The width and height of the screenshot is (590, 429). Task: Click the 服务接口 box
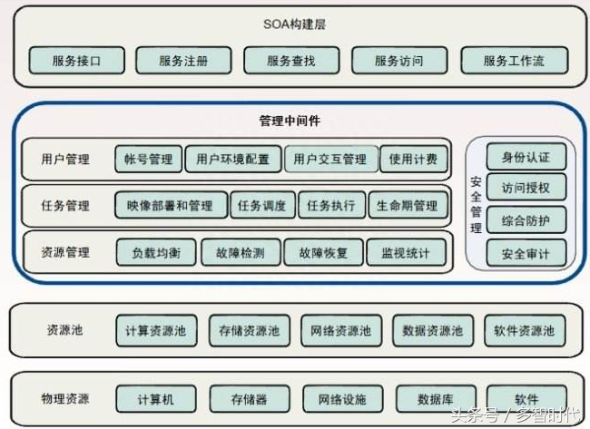77,60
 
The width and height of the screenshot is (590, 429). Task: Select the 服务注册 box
183,60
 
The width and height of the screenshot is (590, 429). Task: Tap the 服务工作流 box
515,60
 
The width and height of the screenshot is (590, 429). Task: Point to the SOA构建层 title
294,24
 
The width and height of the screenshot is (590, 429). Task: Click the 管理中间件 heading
290,121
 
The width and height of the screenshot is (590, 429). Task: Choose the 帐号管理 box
149,159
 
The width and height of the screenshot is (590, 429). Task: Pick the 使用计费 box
414,159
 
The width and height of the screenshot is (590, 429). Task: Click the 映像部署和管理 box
172,205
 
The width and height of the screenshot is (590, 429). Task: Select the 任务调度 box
262,205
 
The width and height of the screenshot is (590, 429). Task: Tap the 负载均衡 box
156,252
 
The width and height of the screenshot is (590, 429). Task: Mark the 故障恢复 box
324,252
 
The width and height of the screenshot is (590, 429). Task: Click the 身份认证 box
526,157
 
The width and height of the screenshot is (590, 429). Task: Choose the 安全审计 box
526,253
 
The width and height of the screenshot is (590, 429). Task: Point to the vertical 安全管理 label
476,205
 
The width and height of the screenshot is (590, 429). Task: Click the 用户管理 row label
65,159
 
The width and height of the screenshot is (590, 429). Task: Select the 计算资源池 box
156,330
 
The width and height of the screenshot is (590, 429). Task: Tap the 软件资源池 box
525,330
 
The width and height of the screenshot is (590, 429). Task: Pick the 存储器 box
250,398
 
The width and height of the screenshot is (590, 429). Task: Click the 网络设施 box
342,398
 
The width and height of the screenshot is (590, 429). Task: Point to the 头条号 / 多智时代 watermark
516,415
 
